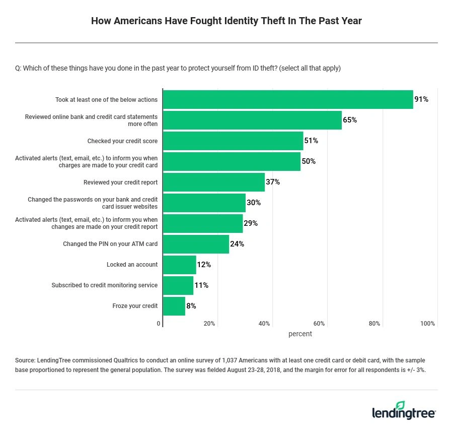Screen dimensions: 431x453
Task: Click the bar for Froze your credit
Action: (x=174, y=306)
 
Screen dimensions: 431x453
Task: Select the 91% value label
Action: (x=421, y=99)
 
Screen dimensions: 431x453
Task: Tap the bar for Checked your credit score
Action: (x=233, y=141)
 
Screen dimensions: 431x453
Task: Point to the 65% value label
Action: (x=350, y=120)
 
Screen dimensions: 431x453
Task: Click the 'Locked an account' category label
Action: (x=132, y=265)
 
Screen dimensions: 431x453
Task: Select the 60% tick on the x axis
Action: (x=319, y=324)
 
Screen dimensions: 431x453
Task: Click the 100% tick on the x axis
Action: (x=427, y=324)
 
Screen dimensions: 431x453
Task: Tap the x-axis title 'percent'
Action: (x=300, y=334)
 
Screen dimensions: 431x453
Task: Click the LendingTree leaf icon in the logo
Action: (x=401, y=406)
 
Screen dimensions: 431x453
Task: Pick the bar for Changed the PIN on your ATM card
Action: (x=196, y=244)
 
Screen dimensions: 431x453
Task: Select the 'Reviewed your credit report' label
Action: (x=120, y=182)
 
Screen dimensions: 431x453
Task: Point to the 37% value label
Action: (x=273, y=182)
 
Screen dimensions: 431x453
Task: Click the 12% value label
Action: (x=204, y=265)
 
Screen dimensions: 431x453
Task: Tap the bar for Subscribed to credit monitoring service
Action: (x=178, y=285)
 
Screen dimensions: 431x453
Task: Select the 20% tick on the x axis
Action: (x=209, y=324)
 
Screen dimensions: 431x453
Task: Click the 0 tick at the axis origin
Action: (x=159, y=324)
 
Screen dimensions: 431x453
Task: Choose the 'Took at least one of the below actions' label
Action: (x=106, y=100)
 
